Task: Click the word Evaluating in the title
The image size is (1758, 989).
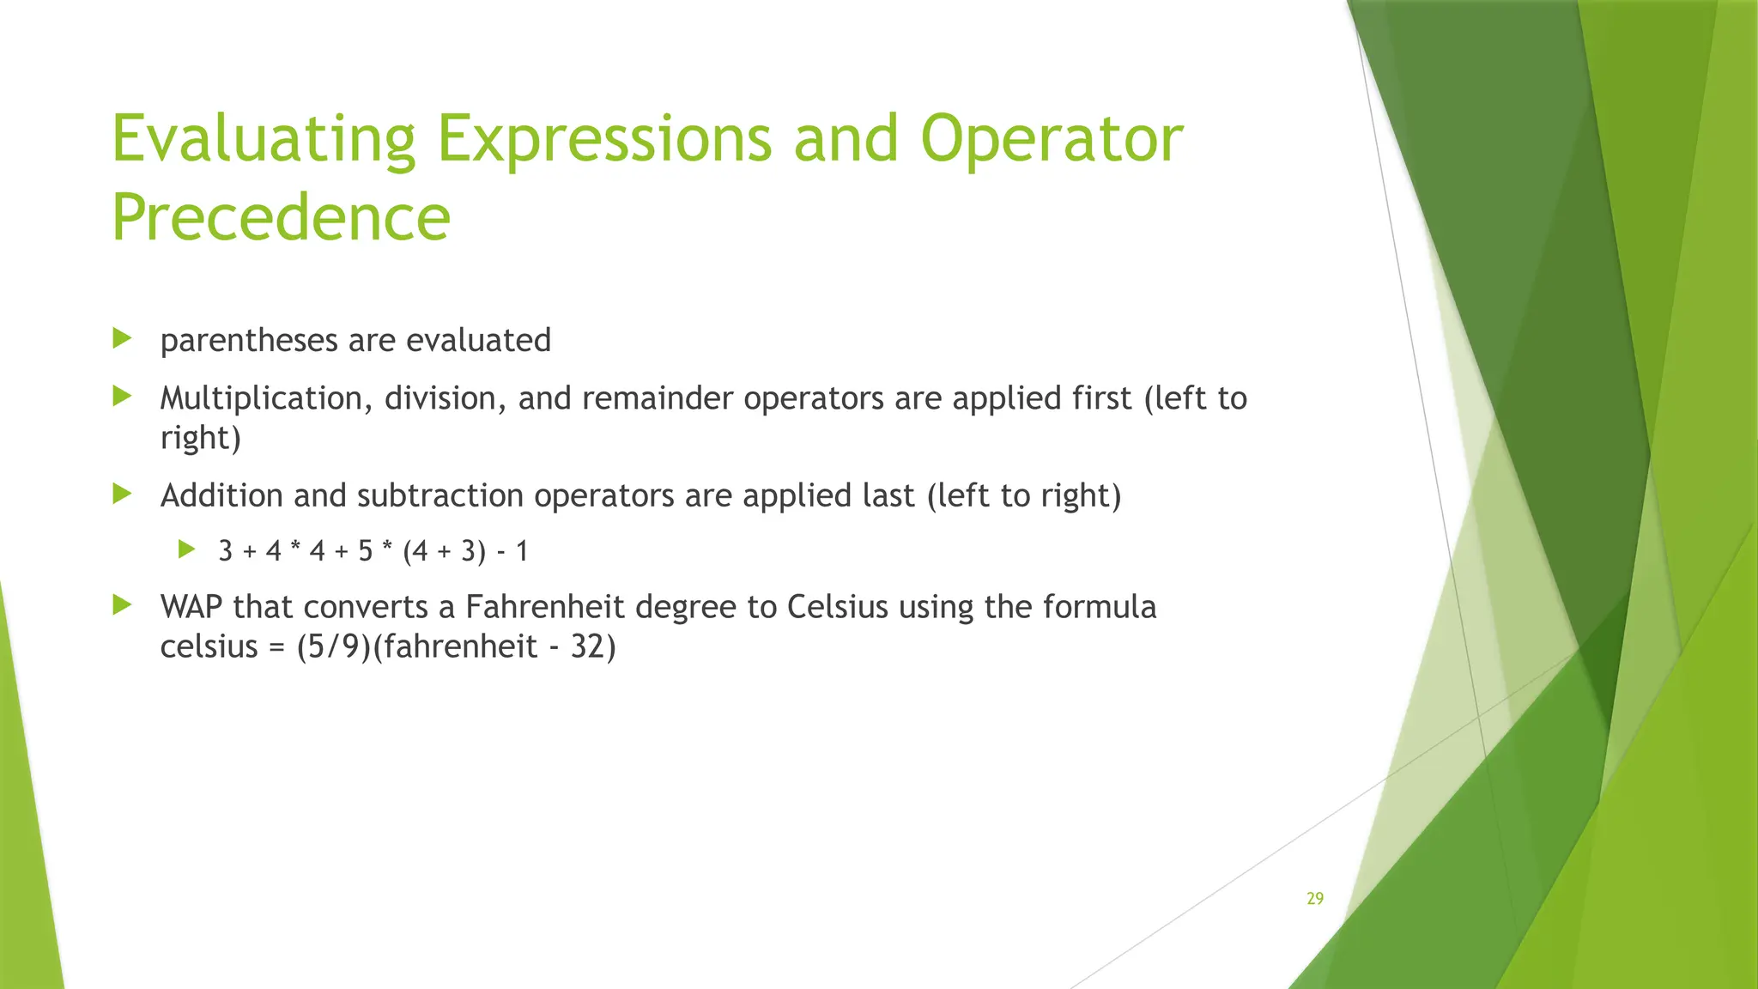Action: (263, 139)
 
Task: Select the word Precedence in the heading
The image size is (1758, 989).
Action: (281, 217)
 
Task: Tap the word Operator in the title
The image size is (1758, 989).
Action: (1052, 139)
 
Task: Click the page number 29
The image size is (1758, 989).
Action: (1314, 899)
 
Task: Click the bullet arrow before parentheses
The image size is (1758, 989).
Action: (122, 338)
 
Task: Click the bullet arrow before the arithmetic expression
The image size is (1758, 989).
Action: (186, 549)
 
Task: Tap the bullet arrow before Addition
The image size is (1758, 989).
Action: (122, 494)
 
